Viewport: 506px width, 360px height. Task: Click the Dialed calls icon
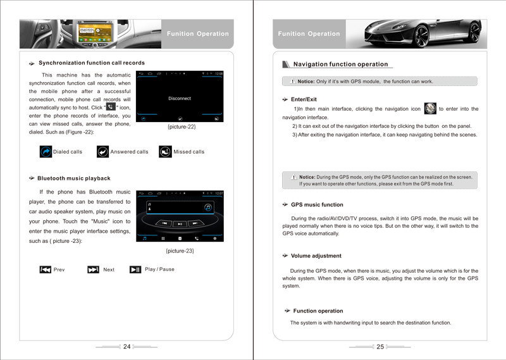(x=46, y=152)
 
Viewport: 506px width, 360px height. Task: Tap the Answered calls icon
(x=102, y=152)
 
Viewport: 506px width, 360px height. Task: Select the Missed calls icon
(x=165, y=152)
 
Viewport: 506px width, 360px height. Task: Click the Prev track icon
(x=46, y=270)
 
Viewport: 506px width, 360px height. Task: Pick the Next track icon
(x=93, y=270)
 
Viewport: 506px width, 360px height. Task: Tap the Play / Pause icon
(x=135, y=270)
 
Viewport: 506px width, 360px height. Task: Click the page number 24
(x=126, y=347)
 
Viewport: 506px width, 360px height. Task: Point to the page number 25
(x=380, y=347)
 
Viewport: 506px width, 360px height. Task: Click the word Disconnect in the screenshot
(x=180, y=99)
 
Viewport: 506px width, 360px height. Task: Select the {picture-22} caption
(x=181, y=128)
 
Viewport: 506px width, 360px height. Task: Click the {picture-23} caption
(x=180, y=251)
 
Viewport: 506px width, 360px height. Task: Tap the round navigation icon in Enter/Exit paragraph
(x=430, y=108)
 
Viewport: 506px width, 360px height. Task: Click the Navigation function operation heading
(x=340, y=65)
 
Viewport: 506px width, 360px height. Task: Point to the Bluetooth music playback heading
(x=73, y=178)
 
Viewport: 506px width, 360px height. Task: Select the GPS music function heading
(x=317, y=205)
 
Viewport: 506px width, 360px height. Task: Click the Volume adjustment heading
(x=316, y=256)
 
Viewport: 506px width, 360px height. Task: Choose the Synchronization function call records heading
(x=91, y=63)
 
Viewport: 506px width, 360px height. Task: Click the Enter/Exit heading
(x=304, y=100)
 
